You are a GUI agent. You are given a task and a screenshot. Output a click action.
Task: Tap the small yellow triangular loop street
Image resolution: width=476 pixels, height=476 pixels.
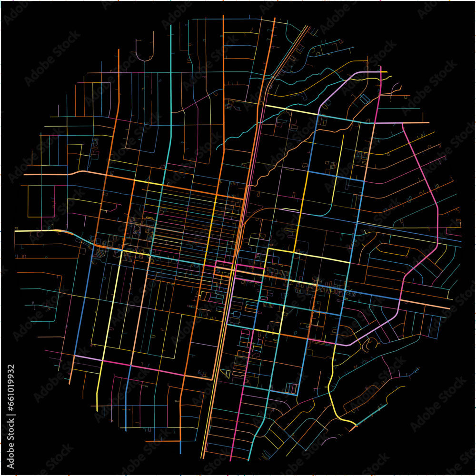coord(226,373)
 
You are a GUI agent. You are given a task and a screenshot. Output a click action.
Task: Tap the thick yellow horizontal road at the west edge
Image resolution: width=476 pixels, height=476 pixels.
coord(38,231)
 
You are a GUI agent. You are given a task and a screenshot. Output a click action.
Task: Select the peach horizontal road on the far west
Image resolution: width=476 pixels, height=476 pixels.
coord(48,175)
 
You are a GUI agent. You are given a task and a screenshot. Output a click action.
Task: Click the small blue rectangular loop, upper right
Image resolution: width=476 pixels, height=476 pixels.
coord(365,99)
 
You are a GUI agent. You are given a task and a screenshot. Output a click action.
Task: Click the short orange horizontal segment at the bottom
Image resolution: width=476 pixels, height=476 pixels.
coord(162,441)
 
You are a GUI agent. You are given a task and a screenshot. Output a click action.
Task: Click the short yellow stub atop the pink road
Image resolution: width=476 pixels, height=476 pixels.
coord(386,76)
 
